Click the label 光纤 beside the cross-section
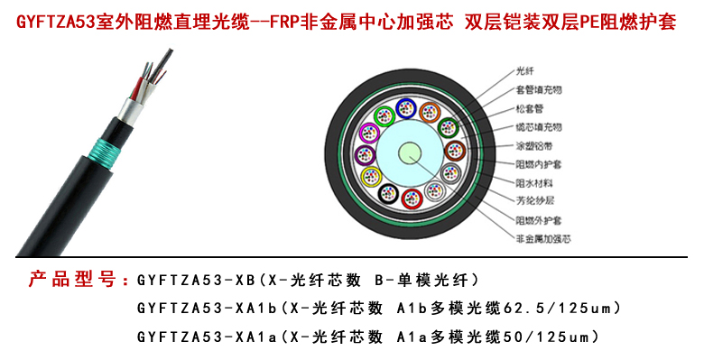[x=524, y=69]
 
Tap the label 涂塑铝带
[x=532, y=145]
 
